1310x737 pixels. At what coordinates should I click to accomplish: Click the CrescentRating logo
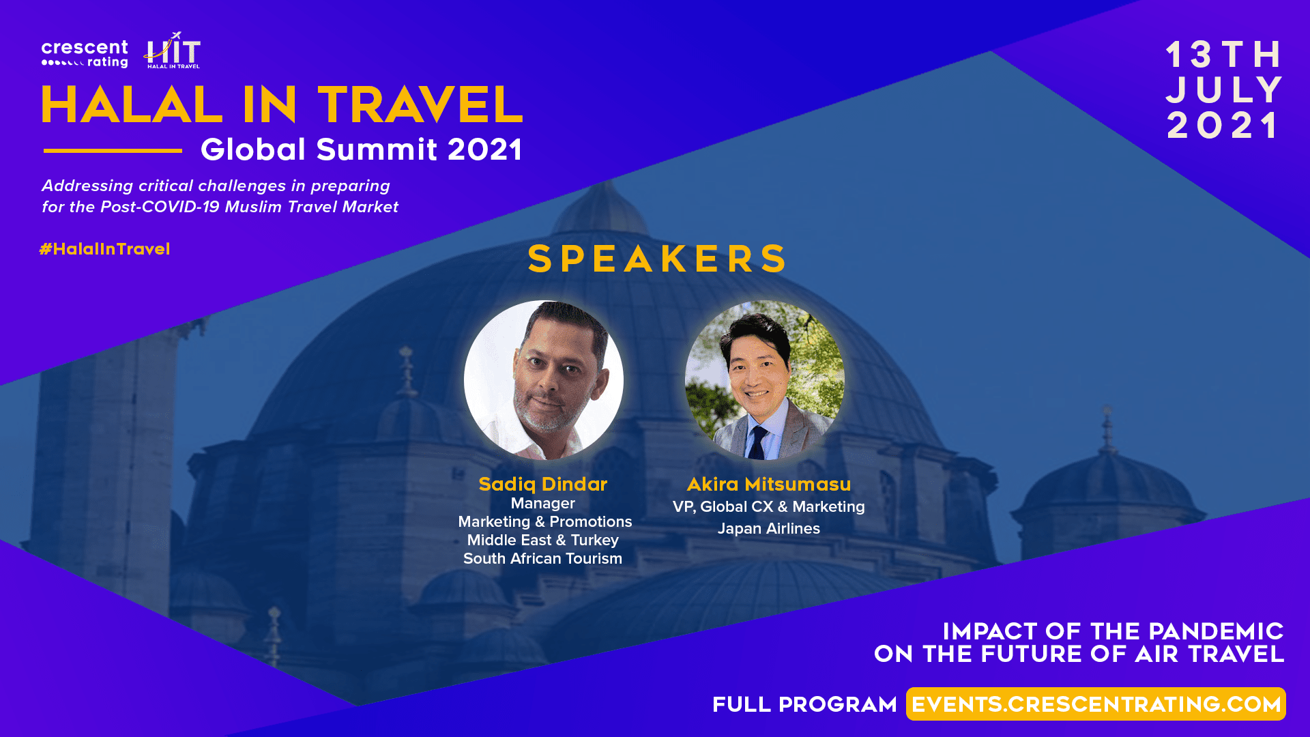tap(85, 54)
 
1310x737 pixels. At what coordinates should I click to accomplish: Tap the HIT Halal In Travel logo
tap(173, 50)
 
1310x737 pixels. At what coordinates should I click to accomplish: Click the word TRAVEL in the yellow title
tap(420, 105)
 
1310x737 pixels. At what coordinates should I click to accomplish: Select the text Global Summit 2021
tap(362, 149)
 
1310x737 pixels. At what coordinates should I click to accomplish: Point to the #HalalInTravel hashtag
tap(105, 249)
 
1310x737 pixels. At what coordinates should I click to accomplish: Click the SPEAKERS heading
tap(657, 259)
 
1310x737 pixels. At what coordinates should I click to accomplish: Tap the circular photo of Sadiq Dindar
tap(544, 380)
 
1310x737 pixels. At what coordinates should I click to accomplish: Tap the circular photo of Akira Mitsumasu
tap(765, 380)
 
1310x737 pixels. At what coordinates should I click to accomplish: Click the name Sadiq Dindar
tap(543, 484)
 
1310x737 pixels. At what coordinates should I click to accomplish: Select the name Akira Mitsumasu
tap(769, 484)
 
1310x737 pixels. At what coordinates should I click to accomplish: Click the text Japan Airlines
tap(769, 528)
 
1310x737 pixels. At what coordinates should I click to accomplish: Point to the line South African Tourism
tap(543, 558)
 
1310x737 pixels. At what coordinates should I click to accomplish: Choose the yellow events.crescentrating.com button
tap(1096, 704)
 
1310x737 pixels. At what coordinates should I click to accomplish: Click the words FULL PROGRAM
tap(804, 704)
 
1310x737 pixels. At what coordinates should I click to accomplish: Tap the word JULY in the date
tap(1225, 90)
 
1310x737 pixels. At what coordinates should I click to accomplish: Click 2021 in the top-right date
tap(1223, 126)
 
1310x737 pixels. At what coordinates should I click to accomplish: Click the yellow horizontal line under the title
tap(113, 150)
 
